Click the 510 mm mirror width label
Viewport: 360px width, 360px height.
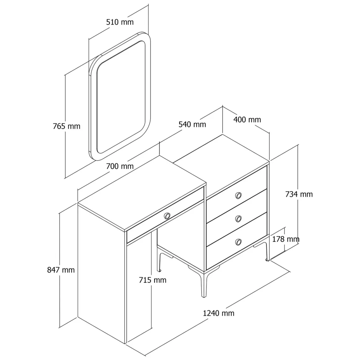[119, 22]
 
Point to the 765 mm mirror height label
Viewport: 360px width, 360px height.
[67, 126]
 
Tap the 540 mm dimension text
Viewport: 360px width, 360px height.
[192, 124]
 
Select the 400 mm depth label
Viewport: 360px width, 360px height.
[247, 119]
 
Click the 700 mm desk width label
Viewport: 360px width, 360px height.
[119, 166]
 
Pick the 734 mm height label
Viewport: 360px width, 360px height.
[299, 194]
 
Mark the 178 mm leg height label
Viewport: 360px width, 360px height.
[286, 239]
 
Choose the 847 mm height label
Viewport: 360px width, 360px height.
[61, 270]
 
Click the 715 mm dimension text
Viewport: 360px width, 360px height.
[152, 280]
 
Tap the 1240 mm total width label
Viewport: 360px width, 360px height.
[218, 313]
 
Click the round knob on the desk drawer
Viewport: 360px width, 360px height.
[167, 216]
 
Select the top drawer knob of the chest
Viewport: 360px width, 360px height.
[239, 196]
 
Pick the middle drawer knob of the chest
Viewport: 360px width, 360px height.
[239, 218]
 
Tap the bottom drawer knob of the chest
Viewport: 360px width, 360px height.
[239, 242]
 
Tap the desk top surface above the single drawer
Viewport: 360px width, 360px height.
[142, 193]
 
